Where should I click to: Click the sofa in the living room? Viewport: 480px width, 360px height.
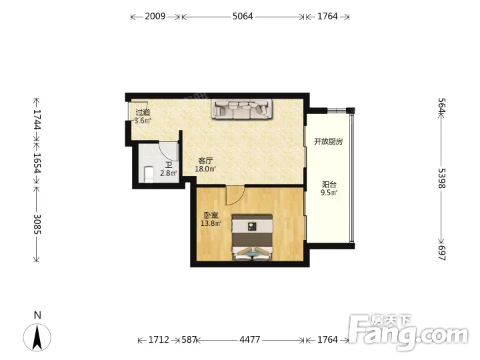coord(242,109)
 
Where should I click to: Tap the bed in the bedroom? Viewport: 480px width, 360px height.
coord(252,237)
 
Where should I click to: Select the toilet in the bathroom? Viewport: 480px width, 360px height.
coord(149,174)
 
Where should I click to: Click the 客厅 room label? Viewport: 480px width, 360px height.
coord(205,161)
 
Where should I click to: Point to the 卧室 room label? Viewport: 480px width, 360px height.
coord(211,215)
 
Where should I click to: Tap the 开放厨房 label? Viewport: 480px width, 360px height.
coord(328,142)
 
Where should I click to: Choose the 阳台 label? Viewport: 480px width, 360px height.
coord(329,185)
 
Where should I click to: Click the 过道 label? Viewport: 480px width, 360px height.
coord(143,113)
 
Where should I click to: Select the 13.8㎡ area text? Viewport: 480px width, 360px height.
coord(211,223)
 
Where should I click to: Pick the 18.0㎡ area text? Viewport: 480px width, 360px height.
coord(205,169)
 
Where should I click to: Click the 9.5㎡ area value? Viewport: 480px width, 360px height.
coord(329,193)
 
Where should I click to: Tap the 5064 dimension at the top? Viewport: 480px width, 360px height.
coord(243,16)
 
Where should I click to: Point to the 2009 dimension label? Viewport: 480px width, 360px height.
coord(155,16)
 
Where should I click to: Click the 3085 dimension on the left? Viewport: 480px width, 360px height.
coord(37,224)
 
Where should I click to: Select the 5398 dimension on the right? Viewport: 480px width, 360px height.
coord(442,178)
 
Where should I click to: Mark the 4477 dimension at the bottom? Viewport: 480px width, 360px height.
coord(250,340)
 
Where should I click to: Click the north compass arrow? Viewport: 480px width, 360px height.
coord(37,337)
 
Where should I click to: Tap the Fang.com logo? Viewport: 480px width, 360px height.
coord(409,332)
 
